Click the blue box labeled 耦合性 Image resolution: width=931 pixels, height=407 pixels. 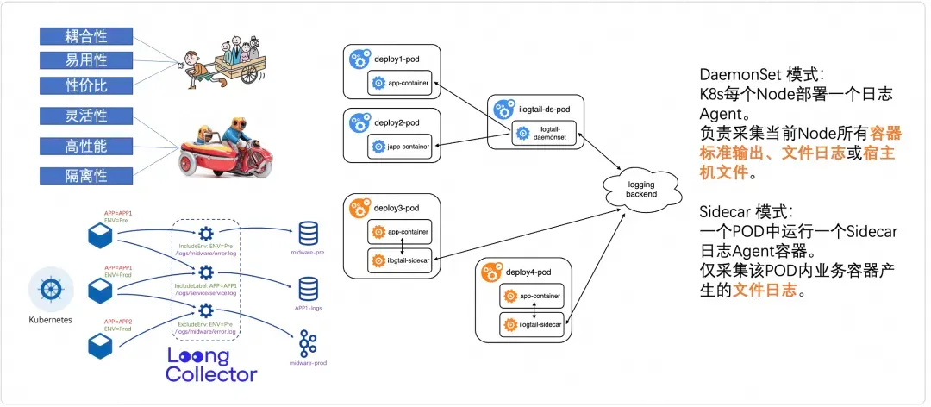86,36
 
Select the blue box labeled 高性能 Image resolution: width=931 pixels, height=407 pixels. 86,147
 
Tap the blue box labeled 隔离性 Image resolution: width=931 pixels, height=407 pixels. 86,176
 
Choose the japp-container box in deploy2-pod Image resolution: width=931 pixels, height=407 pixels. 400,147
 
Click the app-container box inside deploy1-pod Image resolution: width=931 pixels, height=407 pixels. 400,84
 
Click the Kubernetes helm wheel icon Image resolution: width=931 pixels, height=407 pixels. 50,289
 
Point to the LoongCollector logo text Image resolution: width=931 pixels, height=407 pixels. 211,365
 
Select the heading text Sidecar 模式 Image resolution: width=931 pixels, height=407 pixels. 740,212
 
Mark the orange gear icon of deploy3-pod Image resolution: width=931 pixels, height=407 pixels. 359,208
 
